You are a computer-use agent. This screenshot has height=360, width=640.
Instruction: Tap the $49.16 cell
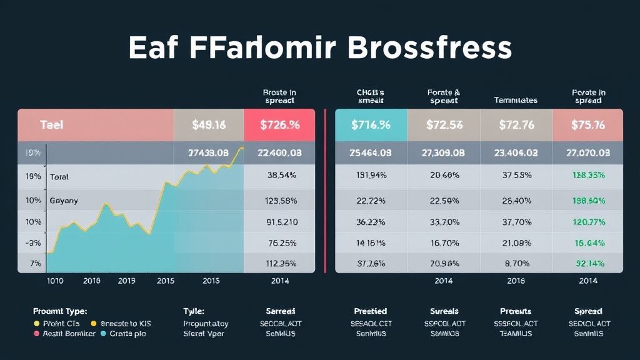tap(209, 125)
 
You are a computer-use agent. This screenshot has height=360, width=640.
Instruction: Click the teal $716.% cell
tap(371, 125)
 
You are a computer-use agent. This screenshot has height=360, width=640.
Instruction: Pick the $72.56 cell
tap(444, 125)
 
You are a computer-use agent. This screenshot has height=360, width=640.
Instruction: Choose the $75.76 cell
tap(587, 125)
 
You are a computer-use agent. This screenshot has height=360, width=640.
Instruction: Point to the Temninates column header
tap(515, 100)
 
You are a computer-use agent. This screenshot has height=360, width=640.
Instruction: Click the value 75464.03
tap(371, 152)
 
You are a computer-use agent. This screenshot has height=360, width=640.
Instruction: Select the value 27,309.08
tap(444, 152)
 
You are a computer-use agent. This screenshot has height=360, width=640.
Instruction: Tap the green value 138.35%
tap(587, 176)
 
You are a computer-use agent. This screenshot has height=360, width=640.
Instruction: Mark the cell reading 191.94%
tap(371, 176)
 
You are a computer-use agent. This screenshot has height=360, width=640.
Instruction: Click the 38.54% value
tap(281, 176)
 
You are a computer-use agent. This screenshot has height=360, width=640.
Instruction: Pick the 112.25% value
tap(281, 263)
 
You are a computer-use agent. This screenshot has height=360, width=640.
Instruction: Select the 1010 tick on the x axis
tap(56, 281)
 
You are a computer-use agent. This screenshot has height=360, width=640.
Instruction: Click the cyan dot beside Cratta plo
tap(94, 334)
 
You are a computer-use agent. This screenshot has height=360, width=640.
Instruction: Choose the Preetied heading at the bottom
tap(370, 311)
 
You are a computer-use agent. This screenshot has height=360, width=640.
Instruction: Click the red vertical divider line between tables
tap(326, 191)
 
